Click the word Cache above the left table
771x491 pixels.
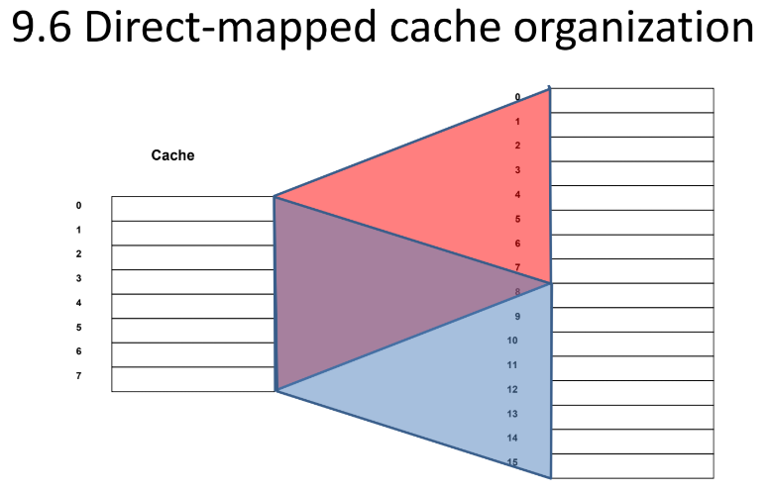pyautogui.click(x=172, y=155)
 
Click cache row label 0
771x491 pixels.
pyautogui.click(x=78, y=206)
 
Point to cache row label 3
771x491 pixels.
pyautogui.click(x=78, y=278)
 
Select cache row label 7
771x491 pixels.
pyautogui.click(x=78, y=376)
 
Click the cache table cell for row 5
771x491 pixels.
pyautogui.click(x=192, y=331)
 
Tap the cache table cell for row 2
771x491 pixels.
pyautogui.click(x=192, y=257)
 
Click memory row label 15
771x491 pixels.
pyautogui.click(x=512, y=462)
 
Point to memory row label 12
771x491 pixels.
pyautogui.click(x=512, y=389)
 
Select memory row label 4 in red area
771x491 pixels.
pyautogui.click(x=517, y=195)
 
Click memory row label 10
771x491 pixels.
pyautogui.click(x=512, y=341)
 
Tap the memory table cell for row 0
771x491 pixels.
pyautogui.click(x=631, y=100)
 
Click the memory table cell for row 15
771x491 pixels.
pyautogui.click(x=631, y=466)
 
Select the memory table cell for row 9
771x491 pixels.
pyautogui.click(x=631, y=320)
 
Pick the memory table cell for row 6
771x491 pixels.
pyautogui.click(x=631, y=246)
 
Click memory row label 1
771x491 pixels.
pyautogui.click(x=517, y=122)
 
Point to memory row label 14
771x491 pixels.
pyautogui.click(x=512, y=438)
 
